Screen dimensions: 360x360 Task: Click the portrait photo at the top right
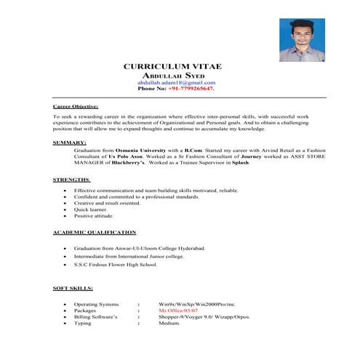click(x=301, y=40)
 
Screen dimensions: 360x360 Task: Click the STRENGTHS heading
click(x=72, y=179)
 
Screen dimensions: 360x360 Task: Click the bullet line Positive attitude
click(x=94, y=216)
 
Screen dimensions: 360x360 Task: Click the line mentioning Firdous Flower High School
click(x=115, y=265)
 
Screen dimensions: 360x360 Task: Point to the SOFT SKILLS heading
click(x=73, y=289)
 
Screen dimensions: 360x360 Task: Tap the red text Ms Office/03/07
click(x=178, y=309)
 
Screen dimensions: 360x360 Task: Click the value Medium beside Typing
click(x=169, y=322)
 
